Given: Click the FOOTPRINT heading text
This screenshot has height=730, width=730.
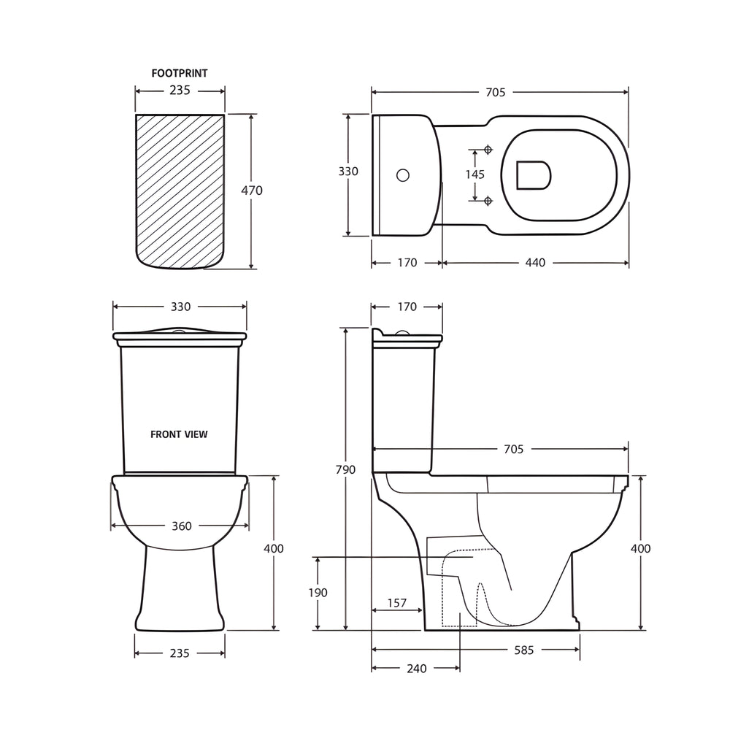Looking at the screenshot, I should (x=180, y=73).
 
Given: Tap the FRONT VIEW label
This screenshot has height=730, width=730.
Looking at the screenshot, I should (x=179, y=434).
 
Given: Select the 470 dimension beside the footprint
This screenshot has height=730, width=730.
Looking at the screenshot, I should (x=252, y=191).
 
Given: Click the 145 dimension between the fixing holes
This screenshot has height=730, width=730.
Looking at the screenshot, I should (x=474, y=174).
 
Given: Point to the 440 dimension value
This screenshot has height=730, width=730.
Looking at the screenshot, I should (x=535, y=263).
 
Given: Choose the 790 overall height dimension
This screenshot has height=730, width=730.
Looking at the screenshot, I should (x=345, y=469).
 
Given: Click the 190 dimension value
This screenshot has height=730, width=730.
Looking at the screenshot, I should (x=318, y=593).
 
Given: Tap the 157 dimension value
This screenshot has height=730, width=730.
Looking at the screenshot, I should (x=396, y=603).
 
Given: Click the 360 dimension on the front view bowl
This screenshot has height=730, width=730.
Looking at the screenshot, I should (x=181, y=526).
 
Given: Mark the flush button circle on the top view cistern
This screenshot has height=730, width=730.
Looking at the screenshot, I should (x=402, y=175).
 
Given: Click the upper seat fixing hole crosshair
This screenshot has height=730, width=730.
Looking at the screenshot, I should (x=488, y=150).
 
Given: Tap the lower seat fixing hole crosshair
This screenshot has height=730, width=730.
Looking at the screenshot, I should (x=488, y=199).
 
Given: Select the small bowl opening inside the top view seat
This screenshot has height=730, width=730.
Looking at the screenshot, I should (x=533, y=174).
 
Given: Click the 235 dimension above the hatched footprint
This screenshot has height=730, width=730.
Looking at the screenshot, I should (x=180, y=91).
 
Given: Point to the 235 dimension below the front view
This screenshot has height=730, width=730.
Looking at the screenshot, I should (x=180, y=653).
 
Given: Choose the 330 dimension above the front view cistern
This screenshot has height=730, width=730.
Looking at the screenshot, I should (x=180, y=307).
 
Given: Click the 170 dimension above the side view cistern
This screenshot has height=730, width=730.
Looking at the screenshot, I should (x=407, y=307).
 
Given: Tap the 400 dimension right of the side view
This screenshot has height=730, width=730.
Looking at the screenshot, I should (x=640, y=548).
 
